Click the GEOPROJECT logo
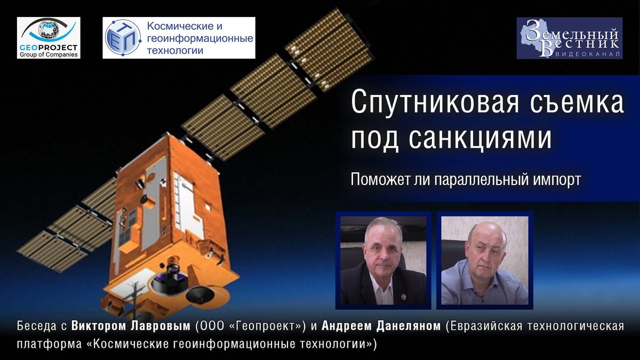point(49,37)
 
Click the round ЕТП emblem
point(123,37)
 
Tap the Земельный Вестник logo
point(569,38)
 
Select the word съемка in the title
point(583,102)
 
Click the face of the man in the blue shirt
point(485,245)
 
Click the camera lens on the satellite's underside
point(172,266)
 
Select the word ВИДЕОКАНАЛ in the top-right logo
point(589,55)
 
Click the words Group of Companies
point(49,54)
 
